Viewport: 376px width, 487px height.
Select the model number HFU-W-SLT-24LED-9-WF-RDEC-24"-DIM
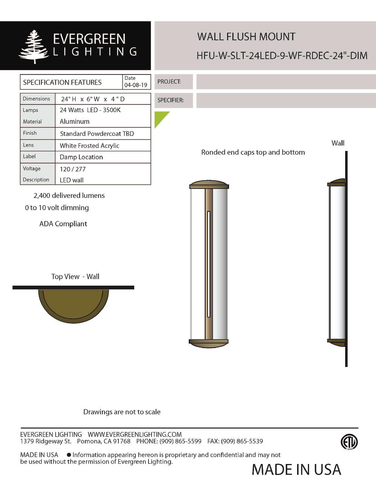pos(282,56)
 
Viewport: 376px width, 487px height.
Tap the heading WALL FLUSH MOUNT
pos(246,37)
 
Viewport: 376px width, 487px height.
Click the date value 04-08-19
pos(136,85)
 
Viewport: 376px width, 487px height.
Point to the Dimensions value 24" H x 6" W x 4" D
pos(92,99)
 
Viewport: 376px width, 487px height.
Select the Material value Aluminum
pos(74,122)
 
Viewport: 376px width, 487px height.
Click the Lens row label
pos(28,145)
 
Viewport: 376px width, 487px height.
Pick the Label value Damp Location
pos(81,157)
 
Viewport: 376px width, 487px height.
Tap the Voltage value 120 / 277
pos(73,169)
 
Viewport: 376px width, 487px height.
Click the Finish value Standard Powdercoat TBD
pos(97,134)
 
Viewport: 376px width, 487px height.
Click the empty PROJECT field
pos(286,82)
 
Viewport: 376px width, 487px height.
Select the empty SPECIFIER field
pos(286,100)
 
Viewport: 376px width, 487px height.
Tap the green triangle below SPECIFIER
pos(159,117)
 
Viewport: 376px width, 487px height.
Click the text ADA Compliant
pos(63,224)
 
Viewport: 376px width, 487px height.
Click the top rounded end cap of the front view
pos(209,184)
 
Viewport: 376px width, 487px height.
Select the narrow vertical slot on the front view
pos(209,264)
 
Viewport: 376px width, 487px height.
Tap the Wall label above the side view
pos(338,143)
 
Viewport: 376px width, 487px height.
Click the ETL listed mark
pos(349,442)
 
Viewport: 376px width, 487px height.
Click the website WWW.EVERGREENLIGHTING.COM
pos(135,434)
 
